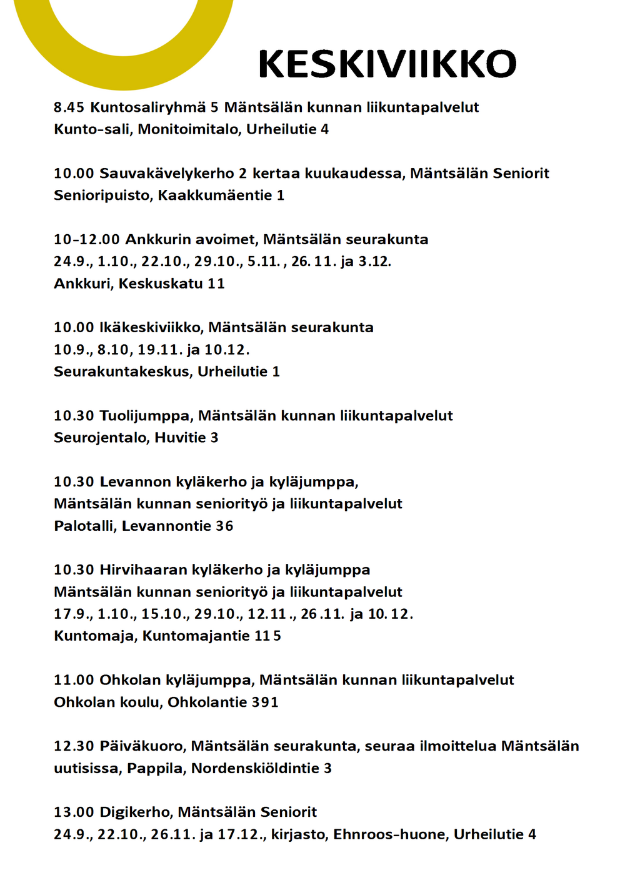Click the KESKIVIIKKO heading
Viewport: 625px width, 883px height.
click(x=387, y=64)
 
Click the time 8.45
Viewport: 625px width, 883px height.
click(x=69, y=107)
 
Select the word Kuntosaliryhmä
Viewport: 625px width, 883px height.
click(x=148, y=107)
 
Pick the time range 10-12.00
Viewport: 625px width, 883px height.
click(x=86, y=240)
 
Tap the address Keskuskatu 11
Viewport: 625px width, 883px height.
click(x=171, y=284)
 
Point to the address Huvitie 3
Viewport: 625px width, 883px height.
click(x=186, y=438)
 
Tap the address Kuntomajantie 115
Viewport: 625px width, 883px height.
click(x=211, y=636)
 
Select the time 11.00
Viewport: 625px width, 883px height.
click(x=74, y=680)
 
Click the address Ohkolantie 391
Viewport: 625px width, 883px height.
click(x=222, y=703)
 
